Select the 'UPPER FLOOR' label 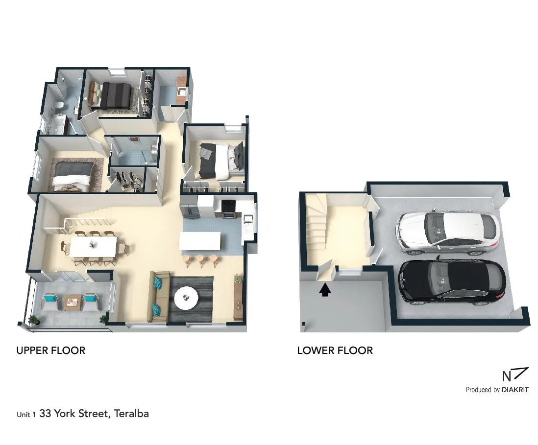[x=51, y=351]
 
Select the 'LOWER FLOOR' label [x=335, y=351]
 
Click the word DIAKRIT [x=515, y=390]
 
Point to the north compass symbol [x=514, y=375]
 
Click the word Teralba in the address [x=131, y=414]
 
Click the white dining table [x=93, y=246]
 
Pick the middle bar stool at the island [x=200, y=259]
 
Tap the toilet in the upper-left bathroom [x=59, y=105]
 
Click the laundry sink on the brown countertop [x=181, y=92]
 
